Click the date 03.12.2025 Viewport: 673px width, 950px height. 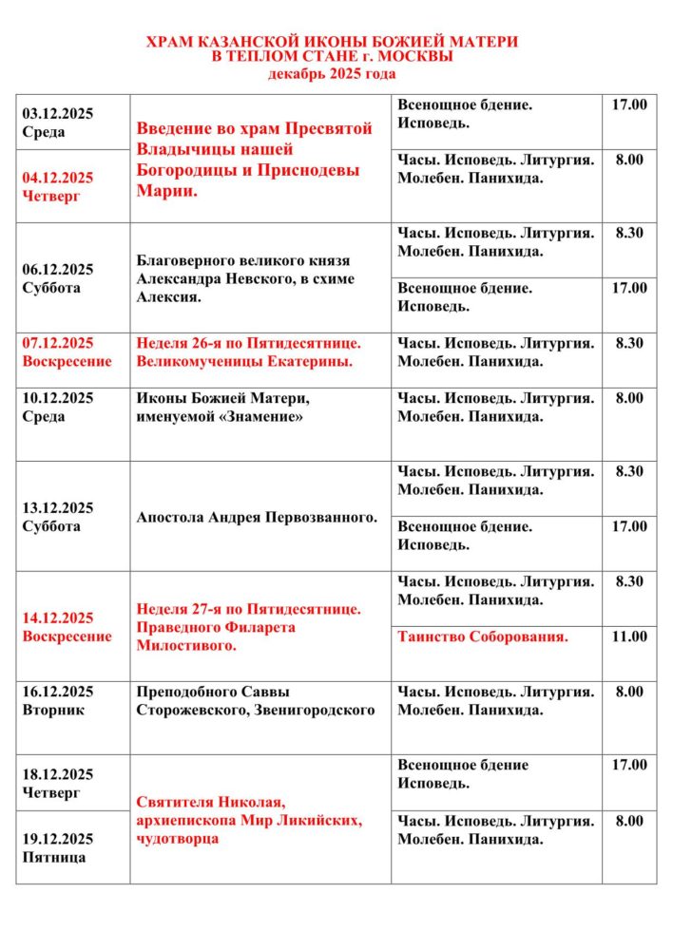[x=57, y=114]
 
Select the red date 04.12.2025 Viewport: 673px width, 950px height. [x=57, y=178]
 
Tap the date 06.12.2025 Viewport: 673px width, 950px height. [x=57, y=269]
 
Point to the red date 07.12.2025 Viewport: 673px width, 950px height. [x=57, y=343]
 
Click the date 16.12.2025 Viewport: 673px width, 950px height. [x=57, y=692]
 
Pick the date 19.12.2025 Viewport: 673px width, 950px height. [x=57, y=839]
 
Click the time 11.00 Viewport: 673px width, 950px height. [x=628, y=636]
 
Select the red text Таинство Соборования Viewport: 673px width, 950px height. [x=483, y=636]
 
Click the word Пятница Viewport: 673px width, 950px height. [x=53, y=857]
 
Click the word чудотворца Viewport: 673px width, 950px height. [x=178, y=839]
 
